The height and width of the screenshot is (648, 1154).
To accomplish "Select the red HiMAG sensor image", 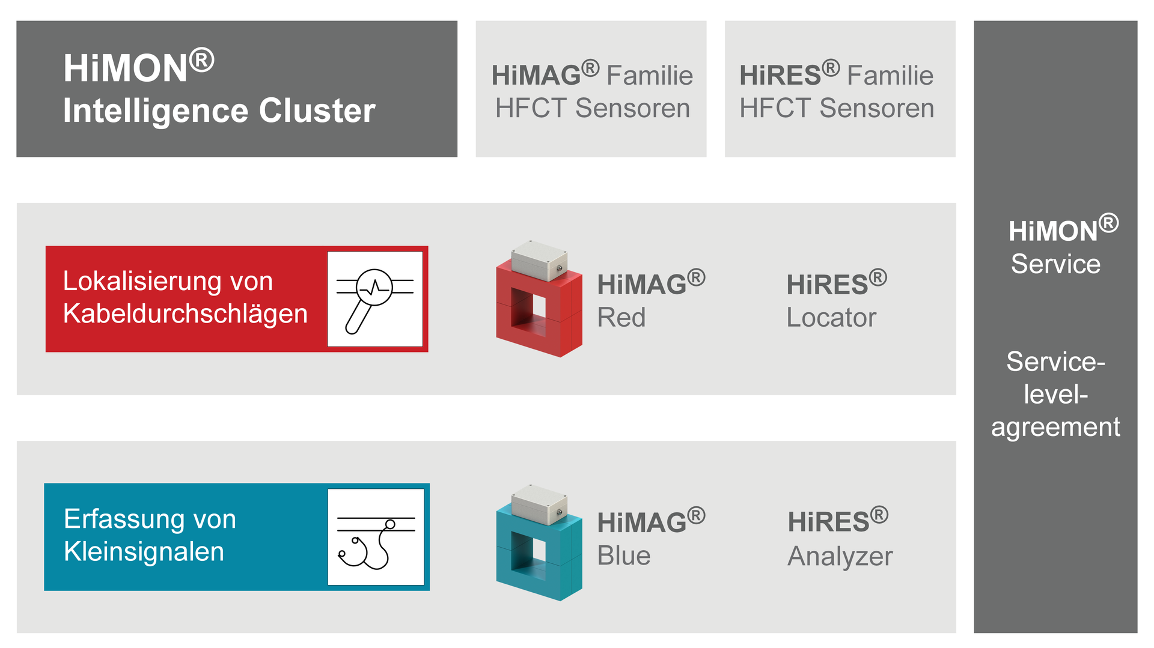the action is (539, 299).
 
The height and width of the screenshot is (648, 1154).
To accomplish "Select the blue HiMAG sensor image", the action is (539, 542).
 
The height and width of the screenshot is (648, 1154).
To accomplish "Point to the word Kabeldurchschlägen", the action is (185, 314).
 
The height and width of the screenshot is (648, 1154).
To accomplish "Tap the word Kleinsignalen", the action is (144, 552).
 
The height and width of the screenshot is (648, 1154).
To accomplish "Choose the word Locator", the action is (831, 318).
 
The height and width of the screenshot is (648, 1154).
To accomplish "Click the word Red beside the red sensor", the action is (621, 318).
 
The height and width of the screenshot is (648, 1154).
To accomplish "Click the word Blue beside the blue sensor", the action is (623, 556).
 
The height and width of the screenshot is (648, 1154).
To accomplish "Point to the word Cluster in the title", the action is (317, 111).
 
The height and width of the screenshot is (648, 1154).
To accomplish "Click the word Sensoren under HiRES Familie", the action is (877, 109).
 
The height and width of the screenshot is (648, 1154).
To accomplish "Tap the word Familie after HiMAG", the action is (650, 76).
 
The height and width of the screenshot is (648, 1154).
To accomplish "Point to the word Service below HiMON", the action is (1055, 264).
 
